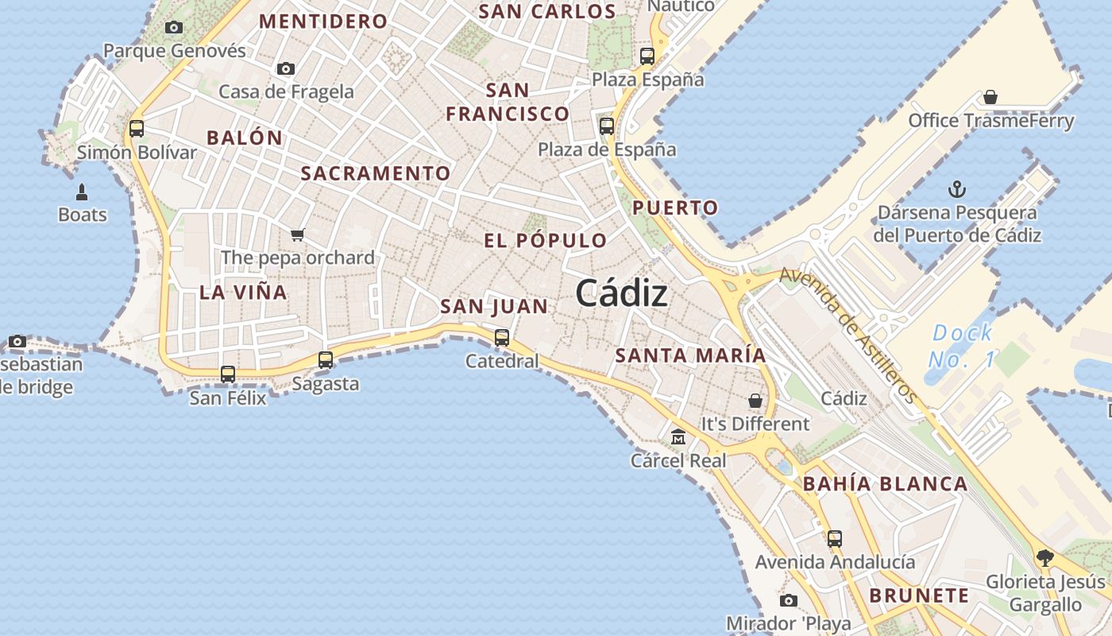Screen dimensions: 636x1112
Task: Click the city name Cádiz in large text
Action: (621, 293)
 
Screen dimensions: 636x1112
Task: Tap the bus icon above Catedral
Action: (502, 337)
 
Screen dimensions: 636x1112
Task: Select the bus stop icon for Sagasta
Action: (326, 359)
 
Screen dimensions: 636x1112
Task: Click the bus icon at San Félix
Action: (228, 374)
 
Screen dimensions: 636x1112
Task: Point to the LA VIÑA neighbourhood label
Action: (243, 292)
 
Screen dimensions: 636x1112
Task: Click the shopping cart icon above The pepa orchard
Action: (298, 235)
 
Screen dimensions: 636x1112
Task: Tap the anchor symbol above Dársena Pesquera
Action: (957, 189)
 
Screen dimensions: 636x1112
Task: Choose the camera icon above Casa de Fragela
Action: (286, 69)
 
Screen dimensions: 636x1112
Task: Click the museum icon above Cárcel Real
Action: (678, 436)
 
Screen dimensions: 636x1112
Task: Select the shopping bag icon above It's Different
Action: (755, 401)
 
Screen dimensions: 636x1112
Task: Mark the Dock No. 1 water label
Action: (962, 346)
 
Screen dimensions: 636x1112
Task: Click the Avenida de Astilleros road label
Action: (848, 335)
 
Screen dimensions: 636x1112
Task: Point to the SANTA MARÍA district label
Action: (690, 355)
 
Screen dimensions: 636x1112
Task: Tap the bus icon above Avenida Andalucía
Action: (834, 538)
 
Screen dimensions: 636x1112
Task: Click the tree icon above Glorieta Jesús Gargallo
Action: (1044, 557)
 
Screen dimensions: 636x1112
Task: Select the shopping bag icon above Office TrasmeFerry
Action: (990, 97)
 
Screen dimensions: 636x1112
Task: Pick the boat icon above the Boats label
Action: (82, 192)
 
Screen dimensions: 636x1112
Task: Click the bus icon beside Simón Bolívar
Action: (137, 128)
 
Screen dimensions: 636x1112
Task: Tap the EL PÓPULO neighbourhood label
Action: (545, 240)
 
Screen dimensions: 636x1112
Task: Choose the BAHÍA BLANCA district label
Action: (885, 483)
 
